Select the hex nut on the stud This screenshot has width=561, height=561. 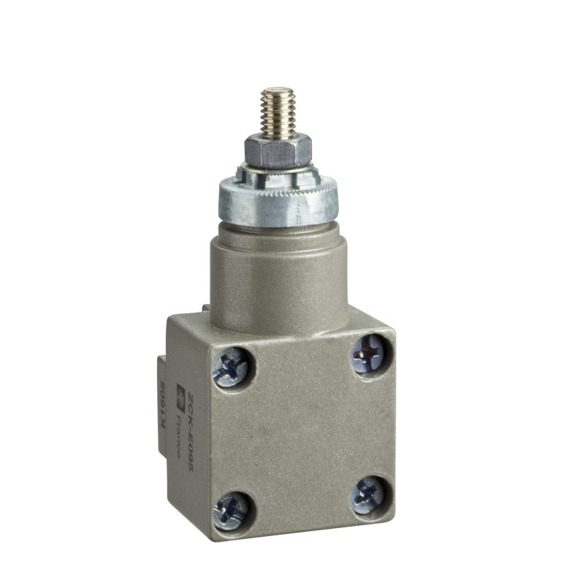pyautogui.click(x=278, y=150)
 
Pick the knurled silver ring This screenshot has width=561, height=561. pyautogui.click(x=282, y=202)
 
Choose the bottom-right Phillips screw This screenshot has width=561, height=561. pyautogui.click(x=369, y=496)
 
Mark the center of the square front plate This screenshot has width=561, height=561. pyautogui.click(x=301, y=431)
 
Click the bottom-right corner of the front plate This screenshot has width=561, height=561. pyautogui.click(x=394, y=515)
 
